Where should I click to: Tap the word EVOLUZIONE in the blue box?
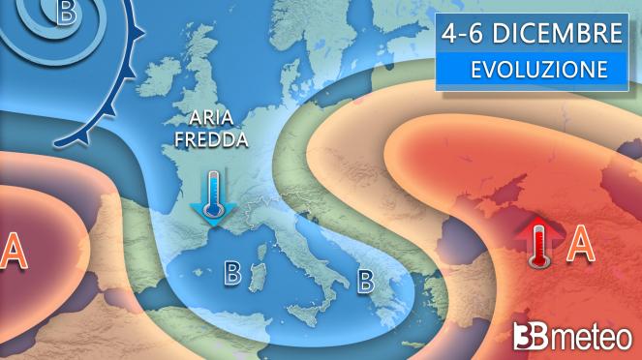coord(539,71)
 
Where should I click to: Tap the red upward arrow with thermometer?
coord(538,243)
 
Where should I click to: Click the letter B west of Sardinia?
coord(232,273)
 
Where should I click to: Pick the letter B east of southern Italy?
coord(366,281)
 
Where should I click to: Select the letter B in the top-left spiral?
coord(66,14)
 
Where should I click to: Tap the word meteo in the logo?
coord(590,338)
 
